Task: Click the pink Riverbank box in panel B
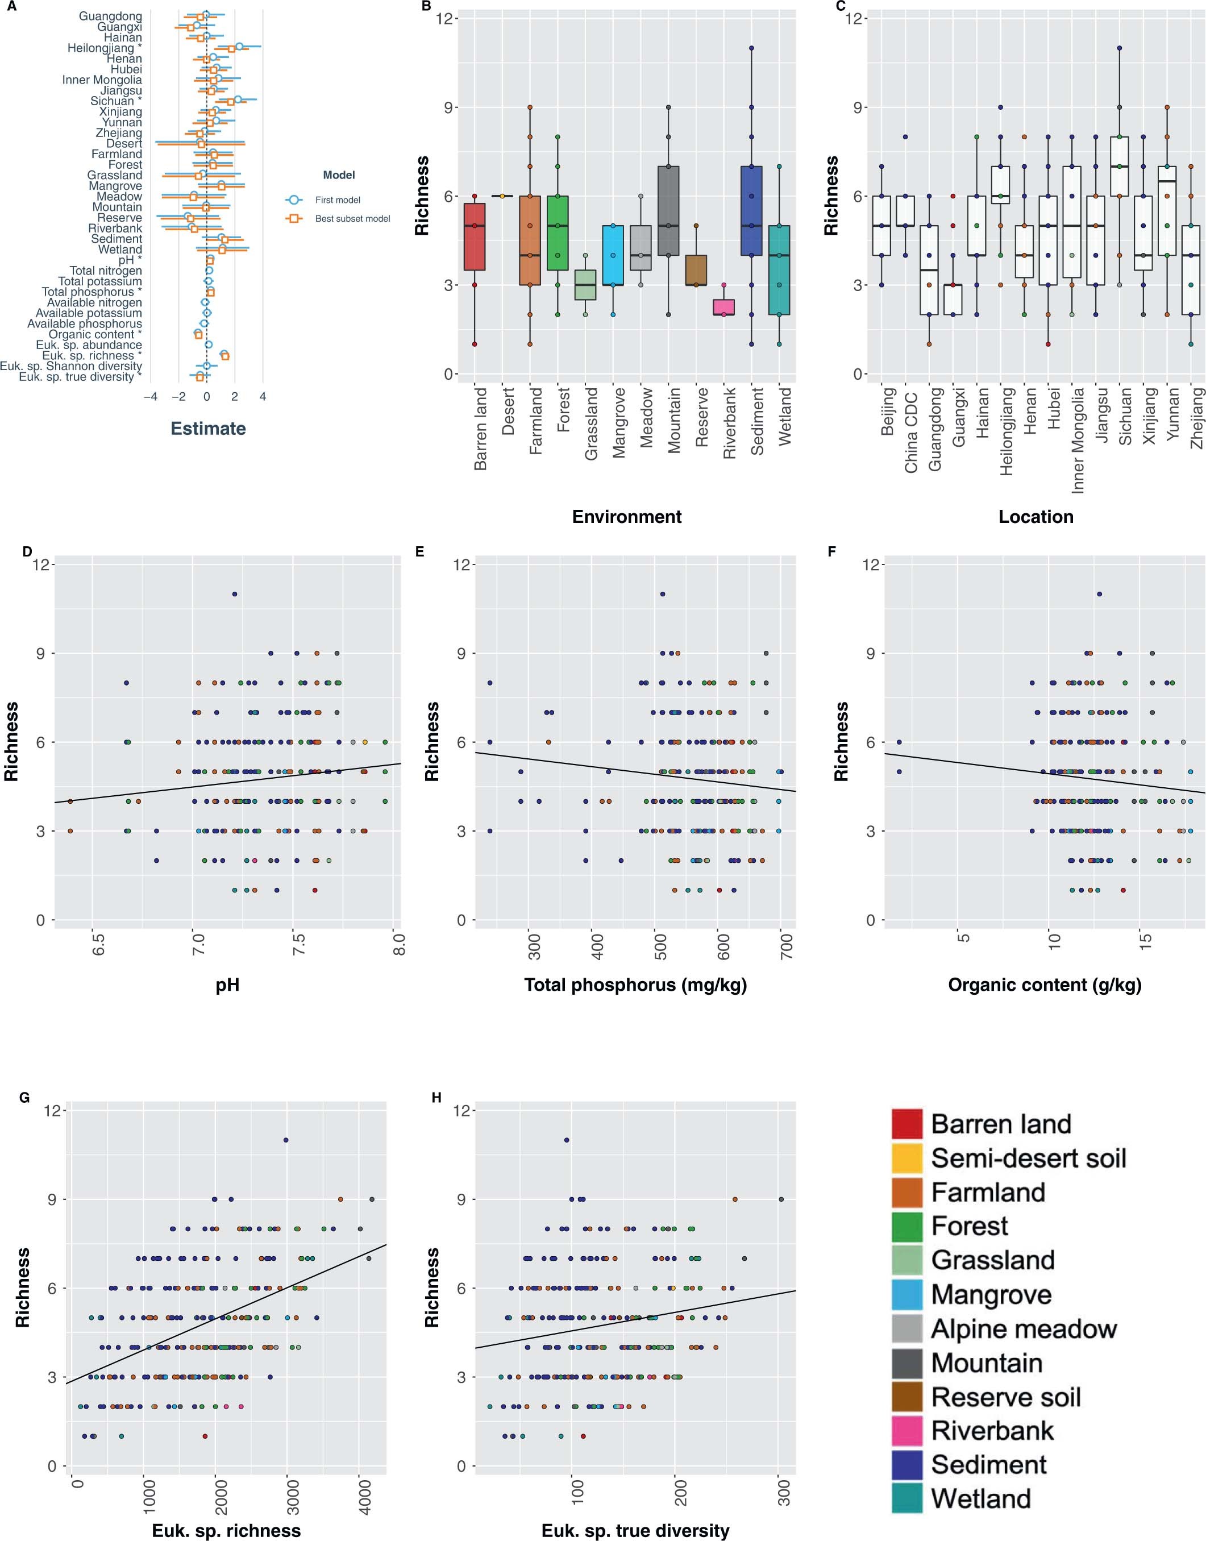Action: coord(723,307)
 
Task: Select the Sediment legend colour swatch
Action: coord(906,1465)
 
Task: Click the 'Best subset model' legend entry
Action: coord(352,218)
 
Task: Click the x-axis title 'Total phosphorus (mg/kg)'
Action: coord(635,985)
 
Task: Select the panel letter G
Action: coord(24,1098)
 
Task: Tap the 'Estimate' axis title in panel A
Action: coord(209,429)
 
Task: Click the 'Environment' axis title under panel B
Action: coord(626,516)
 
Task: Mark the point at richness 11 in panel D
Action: coord(234,594)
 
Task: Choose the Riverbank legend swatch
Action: coord(906,1431)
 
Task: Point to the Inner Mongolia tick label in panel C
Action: coord(1078,439)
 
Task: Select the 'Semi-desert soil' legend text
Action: coord(1028,1158)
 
